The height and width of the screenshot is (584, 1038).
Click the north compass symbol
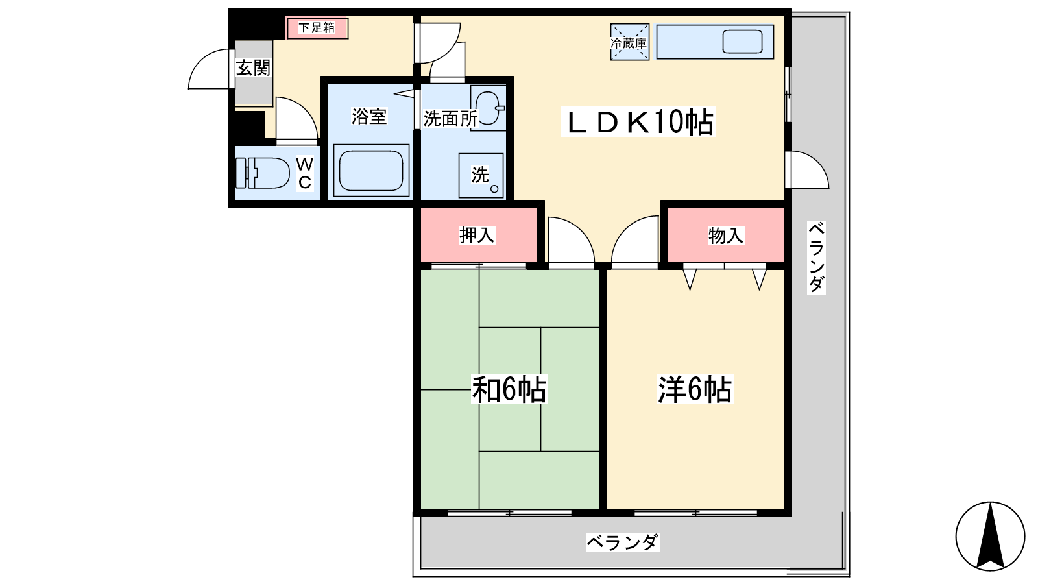tap(990, 536)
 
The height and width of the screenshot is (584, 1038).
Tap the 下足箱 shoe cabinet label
tap(317, 28)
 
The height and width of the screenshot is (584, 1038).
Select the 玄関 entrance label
tap(253, 68)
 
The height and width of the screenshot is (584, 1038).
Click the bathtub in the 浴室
tap(370, 170)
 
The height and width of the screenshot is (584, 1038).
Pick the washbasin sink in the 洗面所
tap(488, 108)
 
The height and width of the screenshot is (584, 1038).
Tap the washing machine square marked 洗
tap(481, 176)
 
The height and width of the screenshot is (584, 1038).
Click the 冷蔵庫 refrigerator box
tap(629, 42)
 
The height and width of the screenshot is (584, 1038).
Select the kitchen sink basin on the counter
tap(742, 42)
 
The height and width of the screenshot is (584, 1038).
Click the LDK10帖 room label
tap(638, 122)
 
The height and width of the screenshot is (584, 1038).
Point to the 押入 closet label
tap(477, 235)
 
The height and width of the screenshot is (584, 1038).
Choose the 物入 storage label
tap(726, 236)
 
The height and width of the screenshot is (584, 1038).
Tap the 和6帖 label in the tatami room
tap(509, 389)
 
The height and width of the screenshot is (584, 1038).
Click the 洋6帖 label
tap(695, 389)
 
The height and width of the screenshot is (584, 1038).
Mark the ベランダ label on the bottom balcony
tap(623, 542)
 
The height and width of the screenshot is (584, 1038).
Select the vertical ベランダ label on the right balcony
tap(817, 257)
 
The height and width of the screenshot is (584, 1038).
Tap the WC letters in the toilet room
tap(304, 173)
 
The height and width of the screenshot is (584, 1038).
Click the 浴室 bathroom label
tap(369, 116)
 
